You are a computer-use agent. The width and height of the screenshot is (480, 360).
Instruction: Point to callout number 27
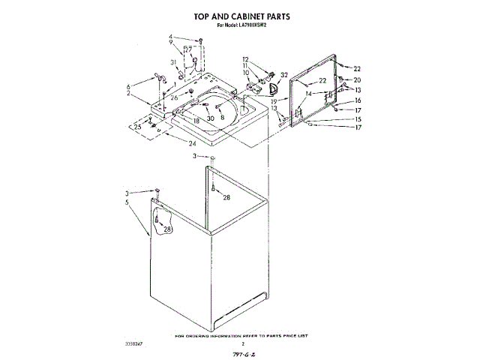[189, 49]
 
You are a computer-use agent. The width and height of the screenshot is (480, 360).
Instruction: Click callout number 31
[172, 62]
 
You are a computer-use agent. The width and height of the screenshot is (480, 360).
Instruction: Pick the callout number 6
[128, 86]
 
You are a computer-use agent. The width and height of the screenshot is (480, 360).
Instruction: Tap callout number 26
[175, 97]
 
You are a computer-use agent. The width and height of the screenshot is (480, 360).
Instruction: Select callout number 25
[137, 127]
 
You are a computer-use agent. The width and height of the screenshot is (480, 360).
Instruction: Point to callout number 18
[196, 121]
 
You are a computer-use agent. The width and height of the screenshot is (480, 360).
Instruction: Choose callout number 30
[211, 118]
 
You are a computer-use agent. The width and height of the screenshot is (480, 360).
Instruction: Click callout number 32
[284, 74]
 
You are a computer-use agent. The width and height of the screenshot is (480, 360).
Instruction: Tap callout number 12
[245, 58]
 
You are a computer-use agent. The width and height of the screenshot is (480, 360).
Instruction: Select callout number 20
[357, 79]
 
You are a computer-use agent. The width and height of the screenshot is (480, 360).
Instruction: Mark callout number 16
[358, 100]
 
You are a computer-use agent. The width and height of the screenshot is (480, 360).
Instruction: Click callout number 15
[358, 119]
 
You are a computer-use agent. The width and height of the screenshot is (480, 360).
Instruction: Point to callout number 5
[127, 202]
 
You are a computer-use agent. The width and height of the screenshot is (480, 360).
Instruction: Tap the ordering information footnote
[241, 335]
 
